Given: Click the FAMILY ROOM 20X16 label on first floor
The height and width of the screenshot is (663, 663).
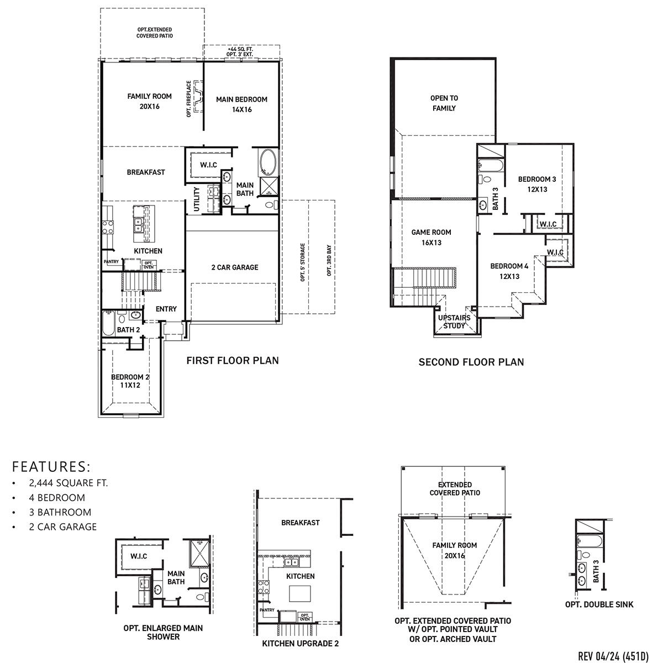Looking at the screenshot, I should pyautogui.click(x=149, y=101).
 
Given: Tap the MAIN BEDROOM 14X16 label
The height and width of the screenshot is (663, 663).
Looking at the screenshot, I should pyautogui.click(x=241, y=104).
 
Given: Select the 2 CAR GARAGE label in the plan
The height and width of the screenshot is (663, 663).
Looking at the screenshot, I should pyautogui.click(x=234, y=267).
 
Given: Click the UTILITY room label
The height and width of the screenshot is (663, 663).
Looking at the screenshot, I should pyautogui.click(x=197, y=199).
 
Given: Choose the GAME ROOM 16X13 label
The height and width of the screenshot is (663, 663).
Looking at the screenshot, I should pyautogui.click(x=431, y=238).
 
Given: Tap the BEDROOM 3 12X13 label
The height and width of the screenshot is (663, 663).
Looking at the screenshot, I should pyautogui.click(x=536, y=184).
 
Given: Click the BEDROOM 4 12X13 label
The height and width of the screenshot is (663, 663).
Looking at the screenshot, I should pyautogui.click(x=509, y=271).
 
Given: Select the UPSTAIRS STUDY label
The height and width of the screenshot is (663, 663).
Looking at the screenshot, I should pyautogui.click(x=454, y=322).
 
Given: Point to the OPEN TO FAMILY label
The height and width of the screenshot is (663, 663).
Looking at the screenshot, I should pyautogui.click(x=444, y=103).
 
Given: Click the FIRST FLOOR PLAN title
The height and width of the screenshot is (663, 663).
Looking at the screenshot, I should pyautogui.click(x=232, y=361).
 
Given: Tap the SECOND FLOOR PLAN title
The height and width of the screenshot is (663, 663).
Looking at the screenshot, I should pyautogui.click(x=471, y=362).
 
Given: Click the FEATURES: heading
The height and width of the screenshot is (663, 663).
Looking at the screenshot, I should pyautogui.click(x=51, y=465).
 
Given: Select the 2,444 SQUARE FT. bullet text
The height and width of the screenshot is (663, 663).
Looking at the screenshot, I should pyautogui.click(x=69, y=483).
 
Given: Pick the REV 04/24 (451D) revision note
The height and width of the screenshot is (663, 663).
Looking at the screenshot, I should pyautogui.click(x=612, y=656).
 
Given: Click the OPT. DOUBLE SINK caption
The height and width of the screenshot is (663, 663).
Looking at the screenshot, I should pyautogui.click(x=599, y=604).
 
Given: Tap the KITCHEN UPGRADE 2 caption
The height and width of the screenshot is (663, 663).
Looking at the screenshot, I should pyautogui.click(x=300, y=644).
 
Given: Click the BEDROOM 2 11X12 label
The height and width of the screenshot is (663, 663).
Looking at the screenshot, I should pyautogui.click(x=130, y=381).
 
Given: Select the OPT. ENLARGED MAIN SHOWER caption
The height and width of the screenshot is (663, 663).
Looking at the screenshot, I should pyautogui.click(x=163, y=632).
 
